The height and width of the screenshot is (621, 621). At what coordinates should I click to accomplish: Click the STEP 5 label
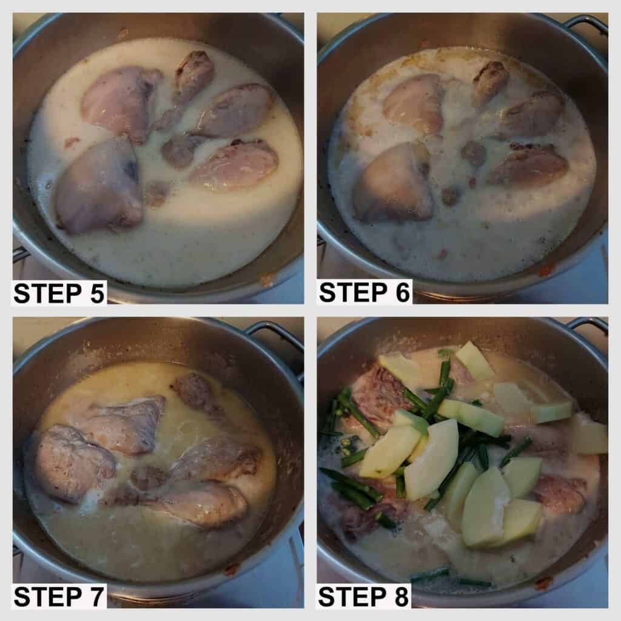[x=59, y=293]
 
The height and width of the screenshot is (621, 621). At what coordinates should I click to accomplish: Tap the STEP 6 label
[x=364, y=292]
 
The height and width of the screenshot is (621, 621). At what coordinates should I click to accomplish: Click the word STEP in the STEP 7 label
[x=47, y=597]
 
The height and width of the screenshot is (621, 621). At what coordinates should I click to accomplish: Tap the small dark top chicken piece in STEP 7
[x=194, y=392]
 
